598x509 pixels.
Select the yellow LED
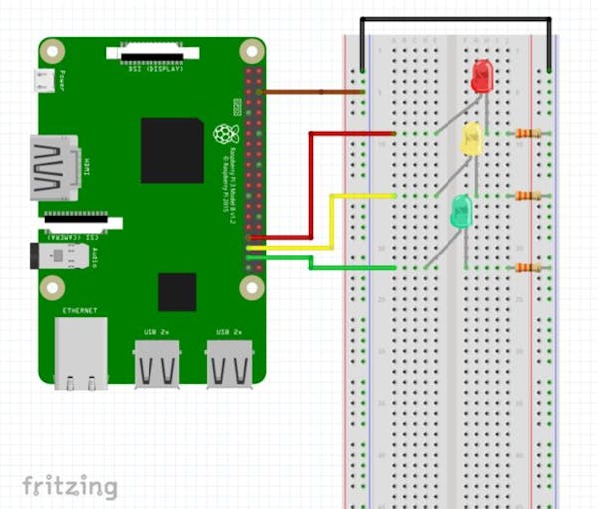(471, 139)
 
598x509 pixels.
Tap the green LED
(461, 211)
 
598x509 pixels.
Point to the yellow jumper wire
(332, 220)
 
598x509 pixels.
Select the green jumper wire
(329, 267)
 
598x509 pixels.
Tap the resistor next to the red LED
(528, 133)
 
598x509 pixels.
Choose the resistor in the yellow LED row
(528, 196)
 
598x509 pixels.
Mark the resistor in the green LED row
(528, 267)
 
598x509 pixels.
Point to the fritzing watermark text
(69, 486)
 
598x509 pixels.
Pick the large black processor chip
(171, 150)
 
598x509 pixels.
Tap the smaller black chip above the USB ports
(177, 291)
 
